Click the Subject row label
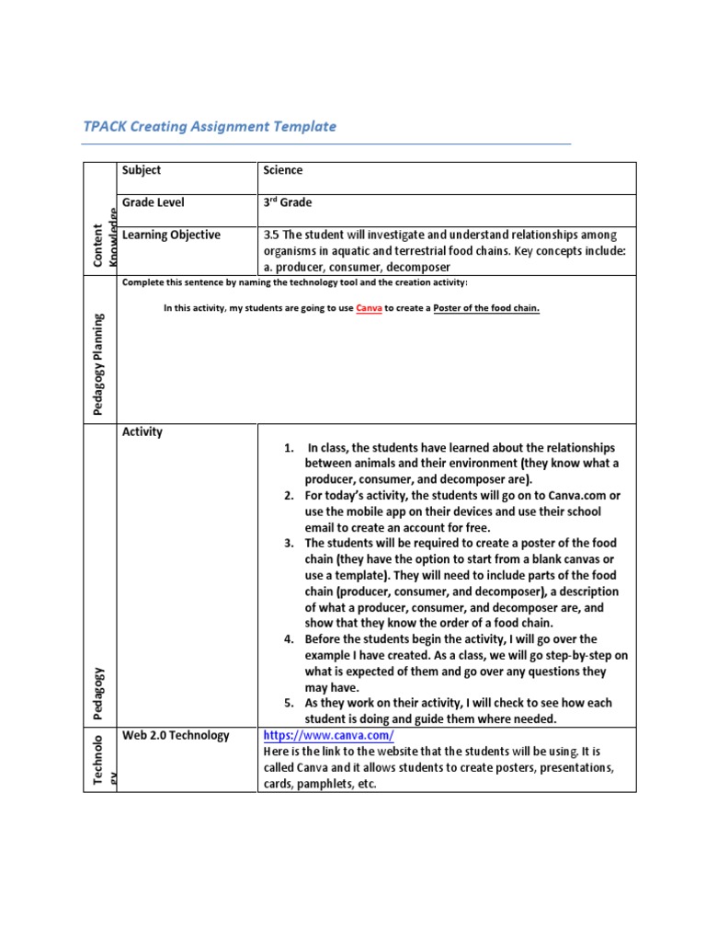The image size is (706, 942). [x=141, y=170]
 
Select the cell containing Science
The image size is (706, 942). [x=283, y=170]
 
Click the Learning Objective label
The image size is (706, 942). [x=171, y=235]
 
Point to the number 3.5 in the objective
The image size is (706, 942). [x=272, y=235]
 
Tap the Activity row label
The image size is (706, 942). [x=142, y=431]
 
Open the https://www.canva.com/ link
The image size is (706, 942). [x=329, y=736]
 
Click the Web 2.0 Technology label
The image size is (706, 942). [x=176, y=736]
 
